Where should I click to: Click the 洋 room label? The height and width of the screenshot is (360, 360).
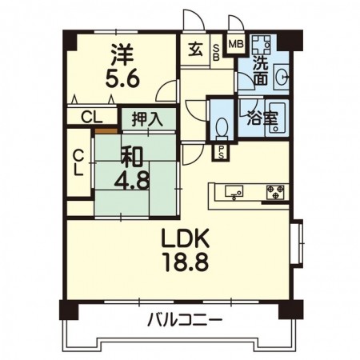(121, 54)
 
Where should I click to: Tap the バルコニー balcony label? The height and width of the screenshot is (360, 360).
(184, 322)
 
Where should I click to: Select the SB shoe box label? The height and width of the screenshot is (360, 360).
(216, 54)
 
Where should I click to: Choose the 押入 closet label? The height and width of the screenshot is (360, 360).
(146, 119)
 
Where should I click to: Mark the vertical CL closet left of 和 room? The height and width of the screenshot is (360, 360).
(78, 162)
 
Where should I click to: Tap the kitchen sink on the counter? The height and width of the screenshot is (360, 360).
(235, 191)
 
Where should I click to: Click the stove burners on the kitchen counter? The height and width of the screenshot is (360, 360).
(274, 191)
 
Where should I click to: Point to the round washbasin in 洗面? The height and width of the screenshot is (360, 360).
(281, 78)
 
